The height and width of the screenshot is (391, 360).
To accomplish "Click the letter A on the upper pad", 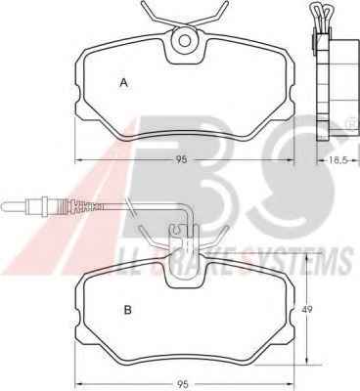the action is (x=123, y=82).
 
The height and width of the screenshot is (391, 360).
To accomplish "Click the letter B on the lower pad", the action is (x=128, y=310).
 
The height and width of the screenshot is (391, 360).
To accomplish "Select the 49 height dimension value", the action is (x=307, y=309).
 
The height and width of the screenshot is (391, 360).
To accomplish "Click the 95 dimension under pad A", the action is (x=182, y=159).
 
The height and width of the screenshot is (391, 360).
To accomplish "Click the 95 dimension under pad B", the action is (x=184, y=384).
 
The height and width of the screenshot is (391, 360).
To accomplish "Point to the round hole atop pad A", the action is (x=185, y=41).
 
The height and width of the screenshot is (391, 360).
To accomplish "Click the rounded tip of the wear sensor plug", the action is (x=3, y=207).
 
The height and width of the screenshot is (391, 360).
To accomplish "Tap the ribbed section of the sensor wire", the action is (x=80, y=206).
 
